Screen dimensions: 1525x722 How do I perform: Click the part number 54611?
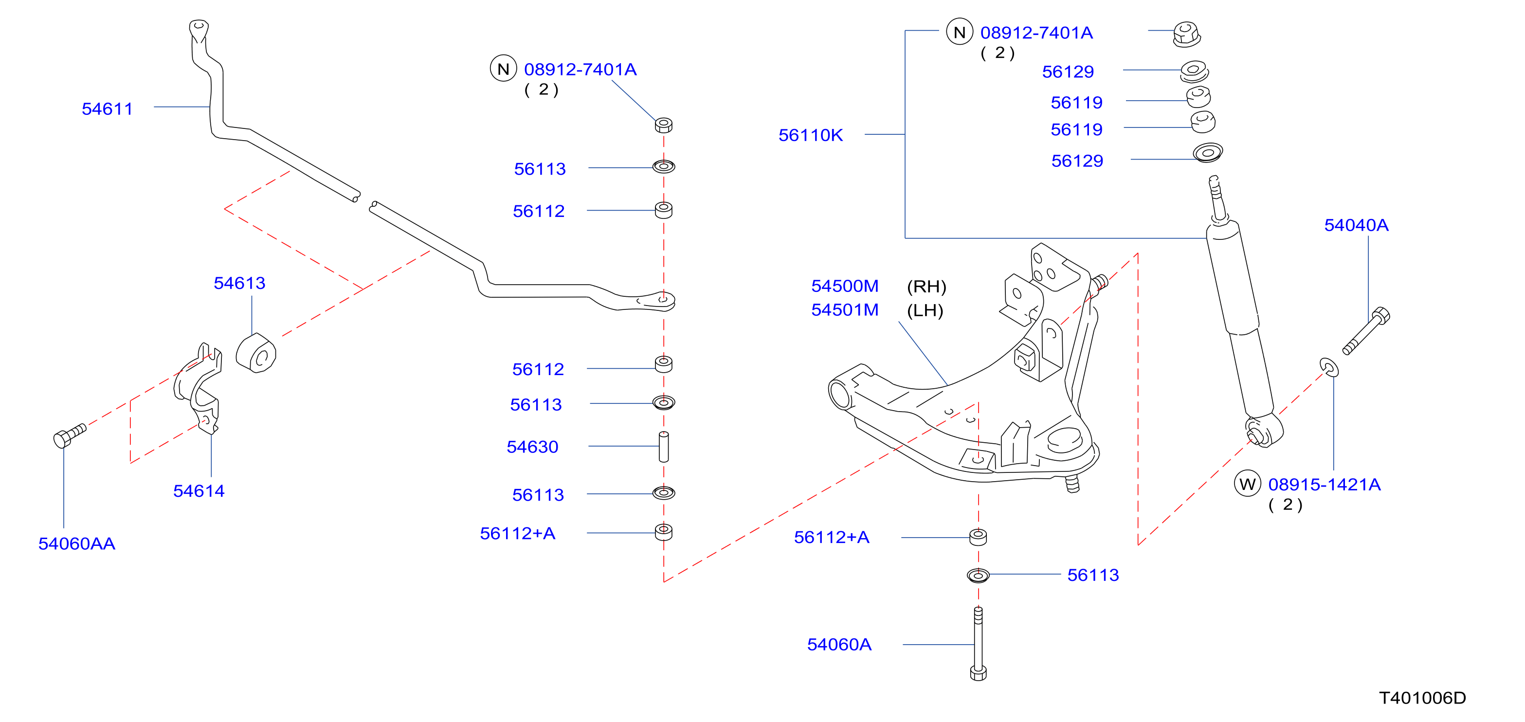[107, 109]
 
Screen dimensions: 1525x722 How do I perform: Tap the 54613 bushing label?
[239, 283]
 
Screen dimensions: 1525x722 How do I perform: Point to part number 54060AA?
[77, 543]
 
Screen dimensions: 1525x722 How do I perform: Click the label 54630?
[532, 447]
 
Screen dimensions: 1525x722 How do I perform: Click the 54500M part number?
[845, 286]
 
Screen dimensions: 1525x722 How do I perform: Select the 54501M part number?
[845, 309]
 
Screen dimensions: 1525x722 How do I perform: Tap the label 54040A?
[1356, 225]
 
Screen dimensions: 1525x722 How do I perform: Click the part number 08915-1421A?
[1325, 484]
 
